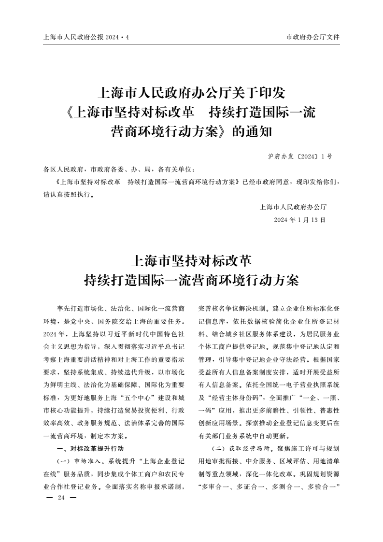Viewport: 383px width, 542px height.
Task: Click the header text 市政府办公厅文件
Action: tap(312, 37)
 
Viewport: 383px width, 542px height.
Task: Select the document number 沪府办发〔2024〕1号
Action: tap(299, 157)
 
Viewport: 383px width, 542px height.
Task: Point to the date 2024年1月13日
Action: tap(299, 219)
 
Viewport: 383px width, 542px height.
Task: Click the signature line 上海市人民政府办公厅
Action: tap(293, 207)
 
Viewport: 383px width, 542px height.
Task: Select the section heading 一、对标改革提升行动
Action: tap(90, 448)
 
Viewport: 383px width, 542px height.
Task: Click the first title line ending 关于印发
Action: tap(191, 92)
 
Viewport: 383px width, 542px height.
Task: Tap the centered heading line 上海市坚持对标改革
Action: tap(191, 261)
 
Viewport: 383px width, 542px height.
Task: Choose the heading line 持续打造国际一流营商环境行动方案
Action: tap(191, 281)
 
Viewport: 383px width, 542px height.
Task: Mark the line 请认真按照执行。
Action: tap(69, 195)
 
